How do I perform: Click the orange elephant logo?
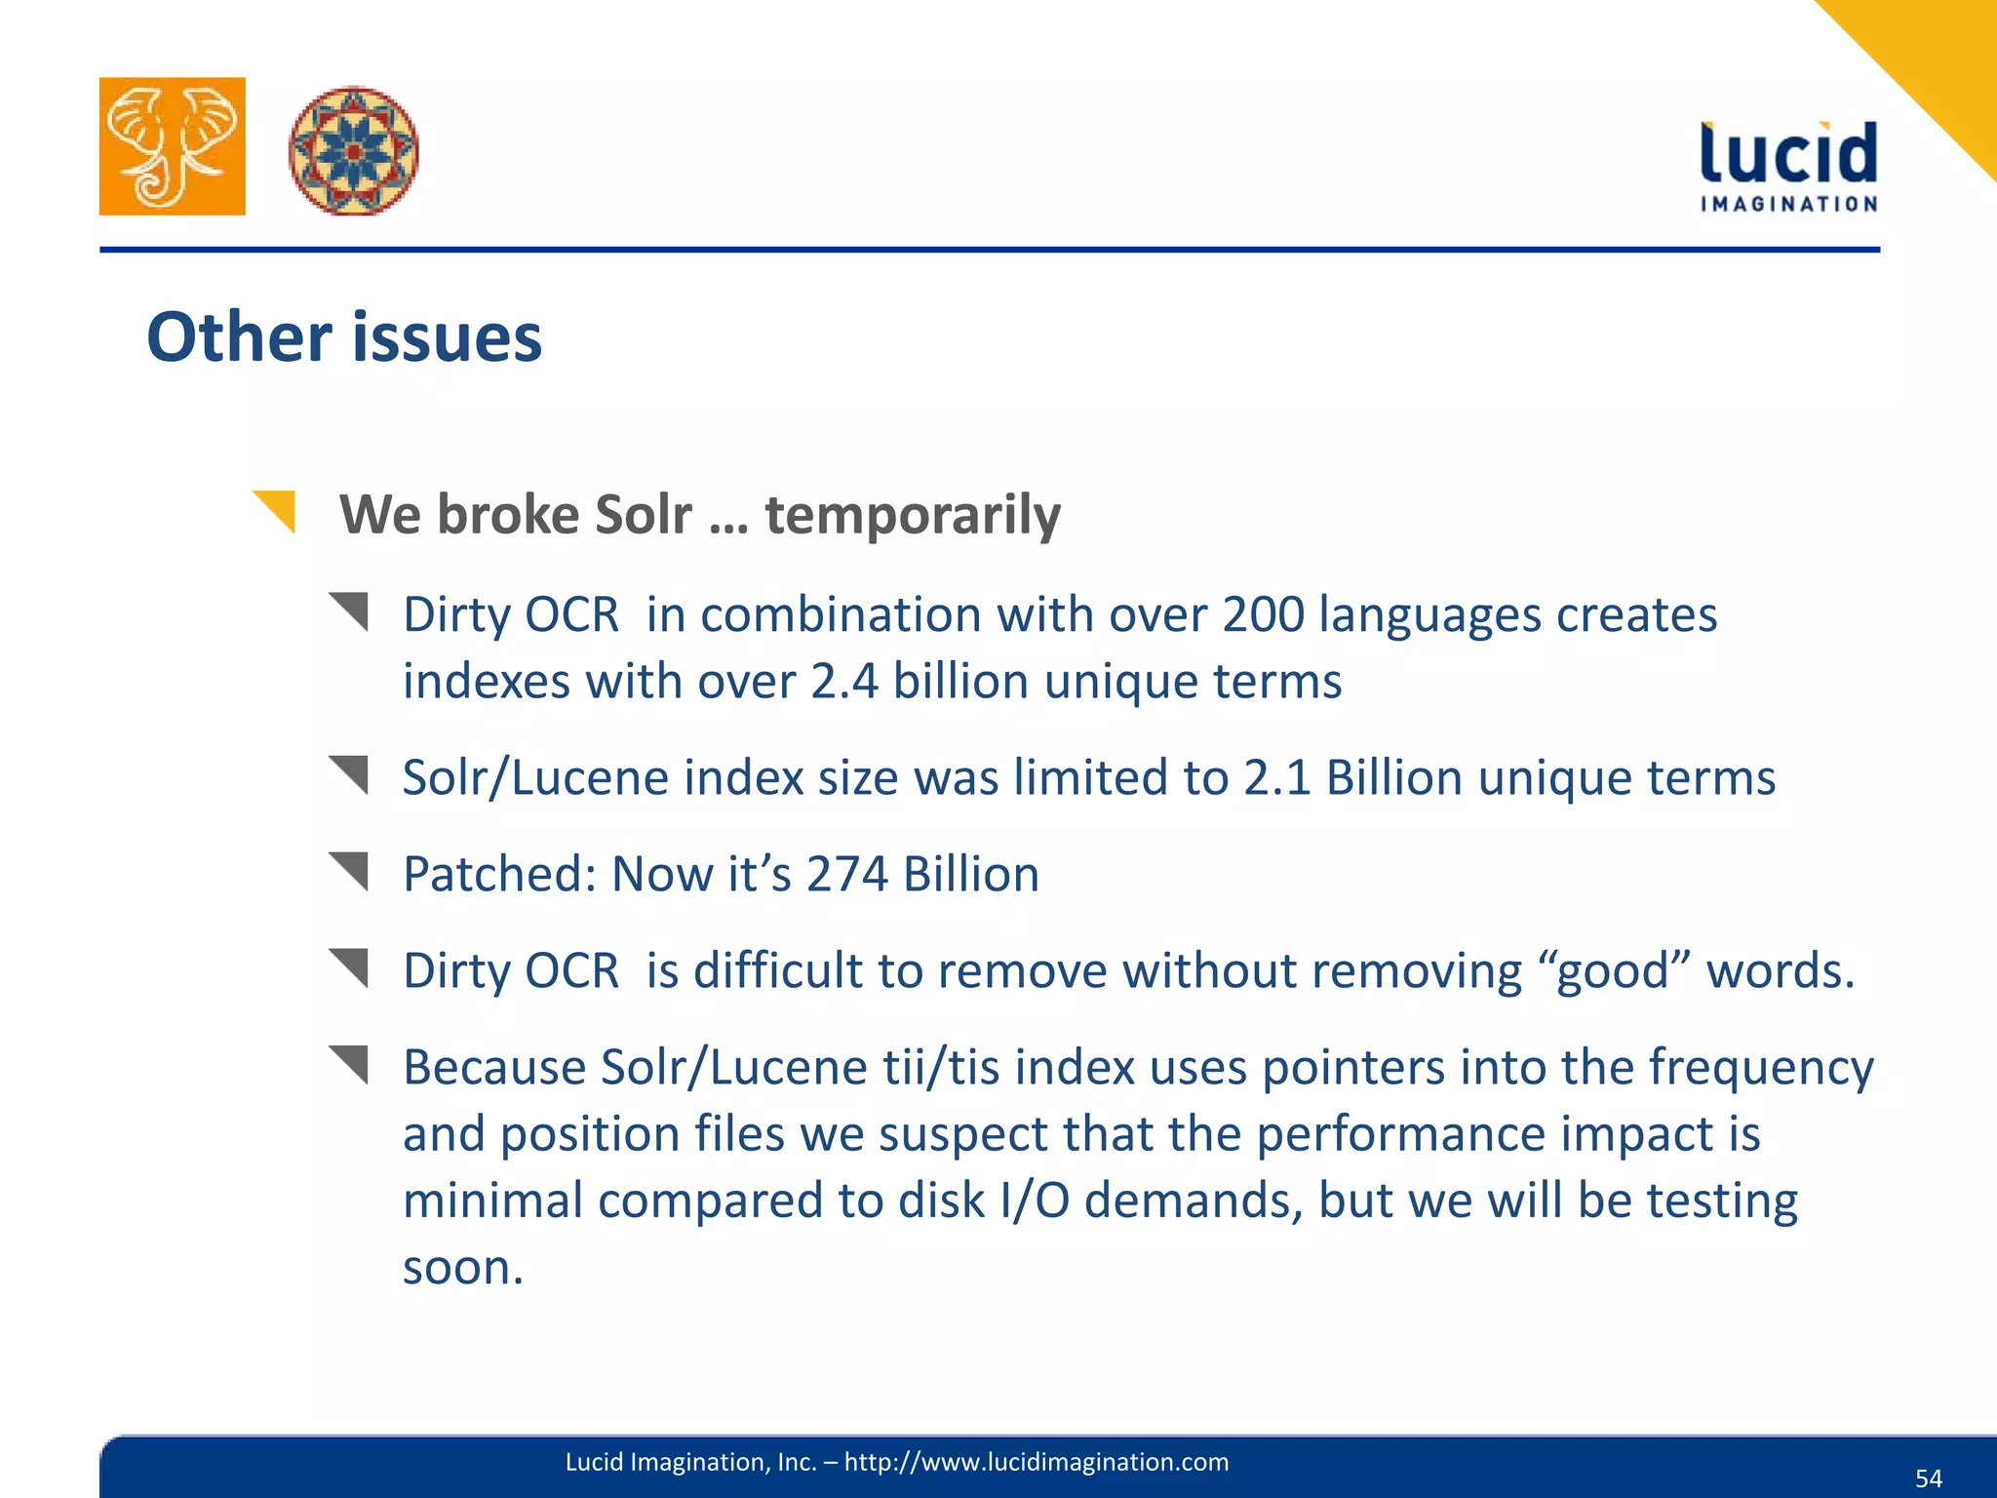[x=172, y=146]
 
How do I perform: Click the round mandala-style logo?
[x=353, y=151]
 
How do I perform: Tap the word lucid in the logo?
[x=1787, y=154]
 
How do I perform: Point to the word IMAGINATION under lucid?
[x=1788, y=204]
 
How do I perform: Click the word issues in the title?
[x=446, y=337]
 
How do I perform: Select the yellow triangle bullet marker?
[x=277, y=510]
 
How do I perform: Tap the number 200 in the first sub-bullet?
[x=1263, y=615]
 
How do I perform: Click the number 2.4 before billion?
[x=844, y=682]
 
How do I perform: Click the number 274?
[x=846, y=875]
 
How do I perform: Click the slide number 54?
[x=1928, y=1478]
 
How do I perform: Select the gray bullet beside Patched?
[x=350, y=870]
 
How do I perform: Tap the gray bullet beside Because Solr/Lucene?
[x=350, y=1063]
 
